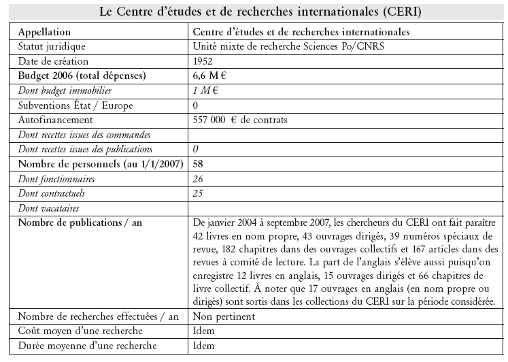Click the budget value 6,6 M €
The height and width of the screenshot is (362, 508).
212,76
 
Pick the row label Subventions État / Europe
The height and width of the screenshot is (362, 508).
75,105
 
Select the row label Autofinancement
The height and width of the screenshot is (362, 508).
55,120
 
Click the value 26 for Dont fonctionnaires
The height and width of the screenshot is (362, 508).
199,179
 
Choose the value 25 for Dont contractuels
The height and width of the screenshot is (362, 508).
199,194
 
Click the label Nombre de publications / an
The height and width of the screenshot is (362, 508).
84,223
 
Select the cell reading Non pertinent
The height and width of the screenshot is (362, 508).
224,316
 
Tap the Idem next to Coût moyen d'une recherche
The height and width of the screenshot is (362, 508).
204,331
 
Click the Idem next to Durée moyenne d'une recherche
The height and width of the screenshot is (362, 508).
204,346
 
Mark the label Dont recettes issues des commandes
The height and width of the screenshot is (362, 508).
84,135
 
